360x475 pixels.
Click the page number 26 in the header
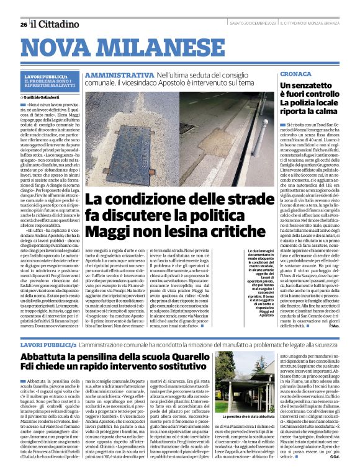pyautogui.click(x=23, y=24)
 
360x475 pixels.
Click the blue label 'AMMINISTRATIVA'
pyautogui.click(x=119, y=74)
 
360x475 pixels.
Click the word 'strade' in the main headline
pyautogui.click(x=229, y=200)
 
